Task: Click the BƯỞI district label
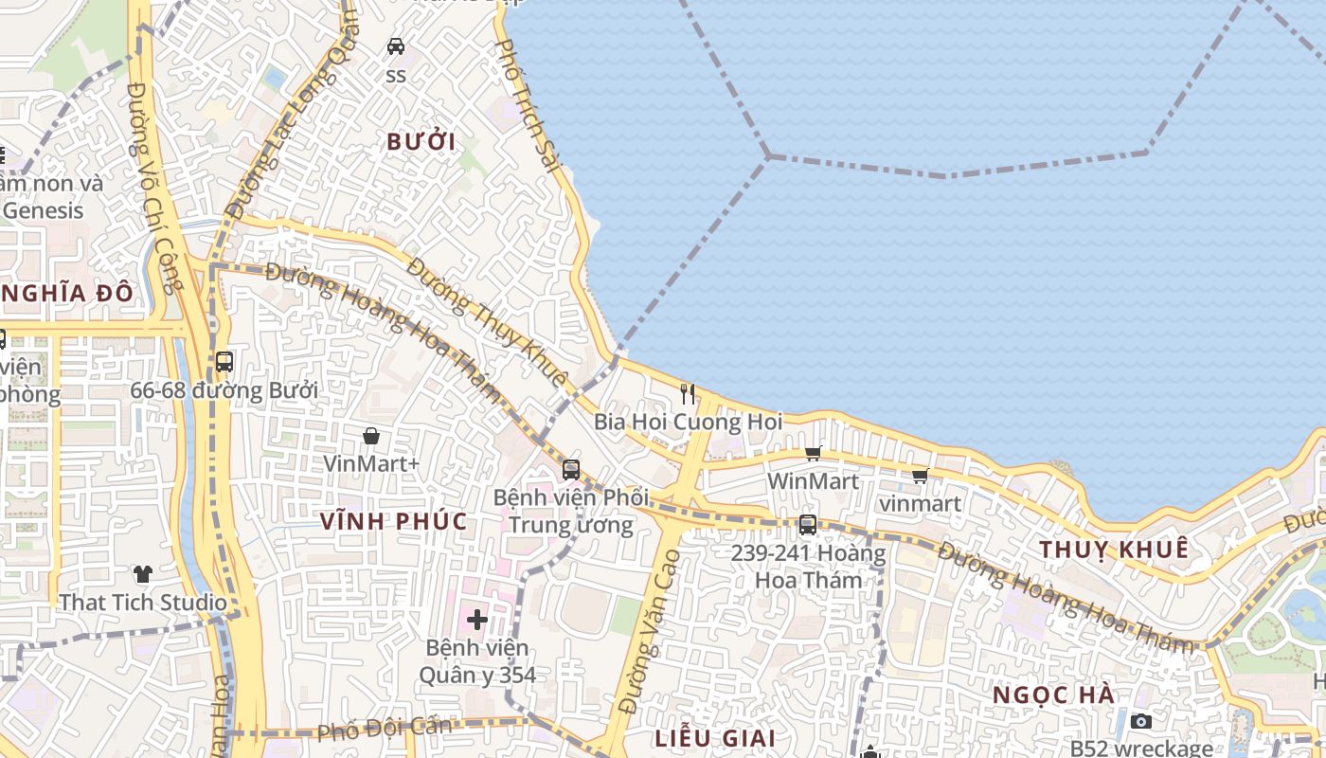click(421, 142)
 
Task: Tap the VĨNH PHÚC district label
click(394, 521)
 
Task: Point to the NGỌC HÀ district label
click(1053, 695)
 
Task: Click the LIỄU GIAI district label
click(715, 738)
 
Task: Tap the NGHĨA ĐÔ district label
click(66, 293)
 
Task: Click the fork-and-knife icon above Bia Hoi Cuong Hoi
click(688, 393)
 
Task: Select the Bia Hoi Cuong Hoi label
click(689, 421)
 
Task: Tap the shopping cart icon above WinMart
click(813, 453)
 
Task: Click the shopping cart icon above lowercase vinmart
click(920, 476)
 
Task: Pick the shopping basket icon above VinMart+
click(371, 436)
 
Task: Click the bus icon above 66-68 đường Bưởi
click(224, 361)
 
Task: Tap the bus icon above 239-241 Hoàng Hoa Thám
click(807, 524)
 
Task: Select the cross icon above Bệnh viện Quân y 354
click(477, 620)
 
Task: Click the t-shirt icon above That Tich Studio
click(143, 573)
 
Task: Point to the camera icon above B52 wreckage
click(1141, 722)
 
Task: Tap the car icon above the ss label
click(396, 45)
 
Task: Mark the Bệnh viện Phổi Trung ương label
click(570, 511)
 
